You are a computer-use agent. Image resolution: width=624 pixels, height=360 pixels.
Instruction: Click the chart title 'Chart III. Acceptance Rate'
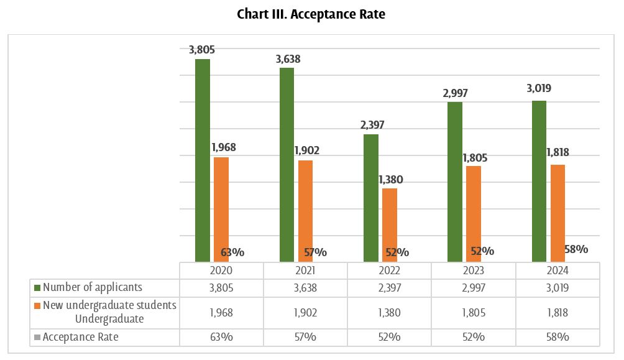[x=311, y=14]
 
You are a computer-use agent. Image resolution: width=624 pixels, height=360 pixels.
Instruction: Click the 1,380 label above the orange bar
[x=390, y=180]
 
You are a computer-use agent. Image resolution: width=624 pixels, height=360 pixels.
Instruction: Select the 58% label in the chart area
[x=576, y=249]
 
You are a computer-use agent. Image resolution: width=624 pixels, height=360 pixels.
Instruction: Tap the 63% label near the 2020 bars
[x=232, y=252]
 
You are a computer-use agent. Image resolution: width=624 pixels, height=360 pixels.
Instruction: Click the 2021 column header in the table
[x=305, y=271]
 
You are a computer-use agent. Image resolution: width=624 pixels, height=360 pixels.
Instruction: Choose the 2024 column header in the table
[x=557, y=271]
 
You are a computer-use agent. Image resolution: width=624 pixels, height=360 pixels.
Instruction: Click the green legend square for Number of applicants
[x=37, y=288]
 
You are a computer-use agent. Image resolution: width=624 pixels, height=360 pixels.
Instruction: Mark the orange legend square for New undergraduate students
[x=37, y=306]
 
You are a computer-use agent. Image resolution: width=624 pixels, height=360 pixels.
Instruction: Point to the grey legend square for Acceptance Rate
[x=37, y=337]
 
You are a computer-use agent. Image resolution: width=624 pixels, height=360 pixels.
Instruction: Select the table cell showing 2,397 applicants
[x=389, y=287]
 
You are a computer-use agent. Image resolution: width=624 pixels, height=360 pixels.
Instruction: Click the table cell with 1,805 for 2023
[x=474, y=312]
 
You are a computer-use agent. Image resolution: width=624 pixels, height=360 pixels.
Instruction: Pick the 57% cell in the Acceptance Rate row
[x=305, y=337]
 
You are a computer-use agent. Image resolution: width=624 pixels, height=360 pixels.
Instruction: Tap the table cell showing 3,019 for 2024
[x=557, y=287]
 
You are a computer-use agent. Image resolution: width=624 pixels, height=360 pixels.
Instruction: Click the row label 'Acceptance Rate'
[x=81, y=337]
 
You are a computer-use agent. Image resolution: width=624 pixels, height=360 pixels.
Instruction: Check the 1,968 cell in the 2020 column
[x=221, y=312]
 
